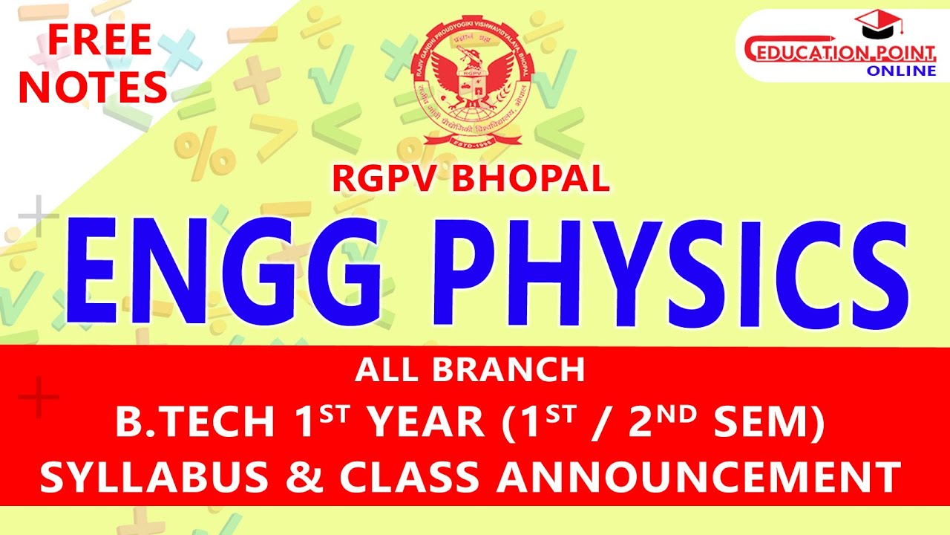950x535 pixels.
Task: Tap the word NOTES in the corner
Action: pos(93,87)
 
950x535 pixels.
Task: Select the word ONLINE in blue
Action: pos(902,71)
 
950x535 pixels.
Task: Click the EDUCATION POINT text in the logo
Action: pos(839,53)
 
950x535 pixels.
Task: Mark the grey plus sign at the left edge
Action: pos(38,216)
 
